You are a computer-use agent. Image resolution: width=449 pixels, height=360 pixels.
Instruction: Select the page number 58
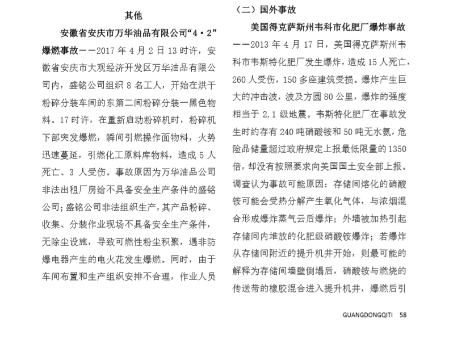point(403,315)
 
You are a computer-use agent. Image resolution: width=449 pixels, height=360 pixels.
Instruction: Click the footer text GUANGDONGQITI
point(369,315)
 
